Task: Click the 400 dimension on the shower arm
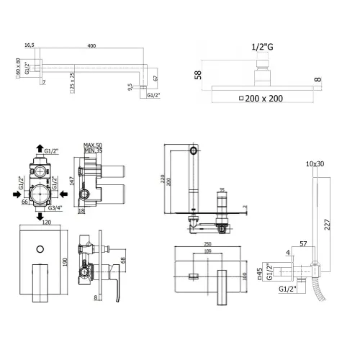click(91, 45)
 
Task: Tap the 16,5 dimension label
click(29, 45)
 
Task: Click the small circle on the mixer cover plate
click(40, 249)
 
